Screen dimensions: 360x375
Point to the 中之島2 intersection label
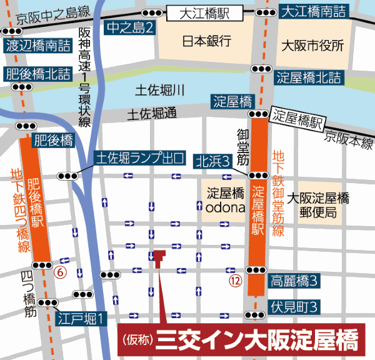[x=129, y=27]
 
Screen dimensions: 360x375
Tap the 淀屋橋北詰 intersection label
[x=309, y=78]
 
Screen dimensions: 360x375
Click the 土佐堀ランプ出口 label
[x=139, y=159]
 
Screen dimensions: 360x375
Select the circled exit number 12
[x=235, y=279]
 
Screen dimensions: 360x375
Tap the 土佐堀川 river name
[x=161, y=91]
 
